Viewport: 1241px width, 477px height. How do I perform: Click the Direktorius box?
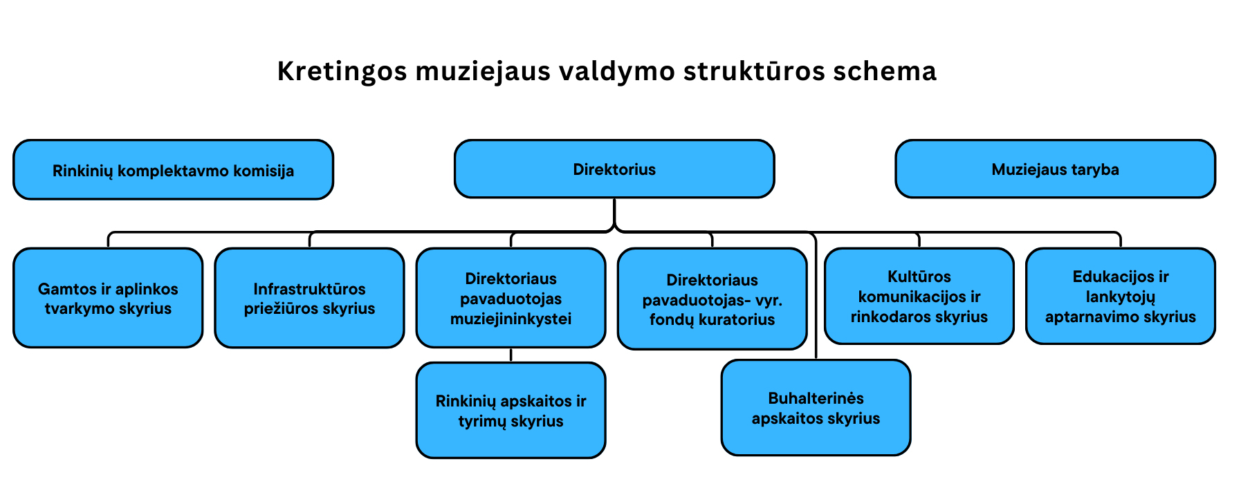(614, 169)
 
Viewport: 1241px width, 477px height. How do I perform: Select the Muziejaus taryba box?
(1055, 169)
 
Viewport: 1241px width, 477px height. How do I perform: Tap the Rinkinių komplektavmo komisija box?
(173, 170)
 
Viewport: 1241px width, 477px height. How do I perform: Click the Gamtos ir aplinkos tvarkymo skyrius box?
(108, 298)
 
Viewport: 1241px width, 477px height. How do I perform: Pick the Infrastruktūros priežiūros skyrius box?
(309, 298)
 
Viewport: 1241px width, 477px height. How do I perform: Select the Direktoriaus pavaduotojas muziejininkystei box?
(511, 298)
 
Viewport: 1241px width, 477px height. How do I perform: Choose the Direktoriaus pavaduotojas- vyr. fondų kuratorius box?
(712, 299)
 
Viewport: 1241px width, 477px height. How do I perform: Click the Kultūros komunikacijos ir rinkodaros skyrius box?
(919, 296)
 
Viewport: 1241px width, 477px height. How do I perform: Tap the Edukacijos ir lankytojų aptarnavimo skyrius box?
(1121, 296)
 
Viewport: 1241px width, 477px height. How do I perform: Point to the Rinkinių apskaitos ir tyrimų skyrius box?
(511, 411)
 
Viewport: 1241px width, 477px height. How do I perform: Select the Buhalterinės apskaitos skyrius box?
(816, 408)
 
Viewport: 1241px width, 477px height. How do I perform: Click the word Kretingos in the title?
(342, 72)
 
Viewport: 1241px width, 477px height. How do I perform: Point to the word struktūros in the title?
(754, 71)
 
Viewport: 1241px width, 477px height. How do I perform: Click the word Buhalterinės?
(816, 398)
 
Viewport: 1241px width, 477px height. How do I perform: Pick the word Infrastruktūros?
(309, 289)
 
